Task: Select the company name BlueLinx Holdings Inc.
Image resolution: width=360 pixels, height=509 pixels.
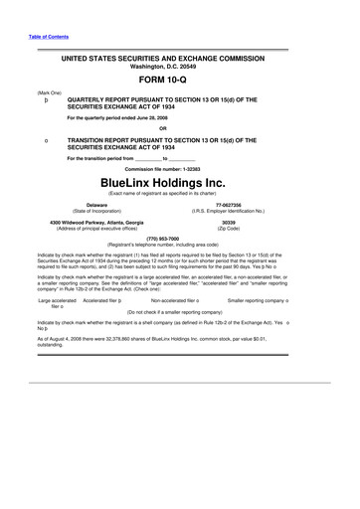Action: point(179,183)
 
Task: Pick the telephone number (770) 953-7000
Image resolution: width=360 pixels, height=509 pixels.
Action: point(179,238)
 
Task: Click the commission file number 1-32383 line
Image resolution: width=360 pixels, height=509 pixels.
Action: point(179,169)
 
